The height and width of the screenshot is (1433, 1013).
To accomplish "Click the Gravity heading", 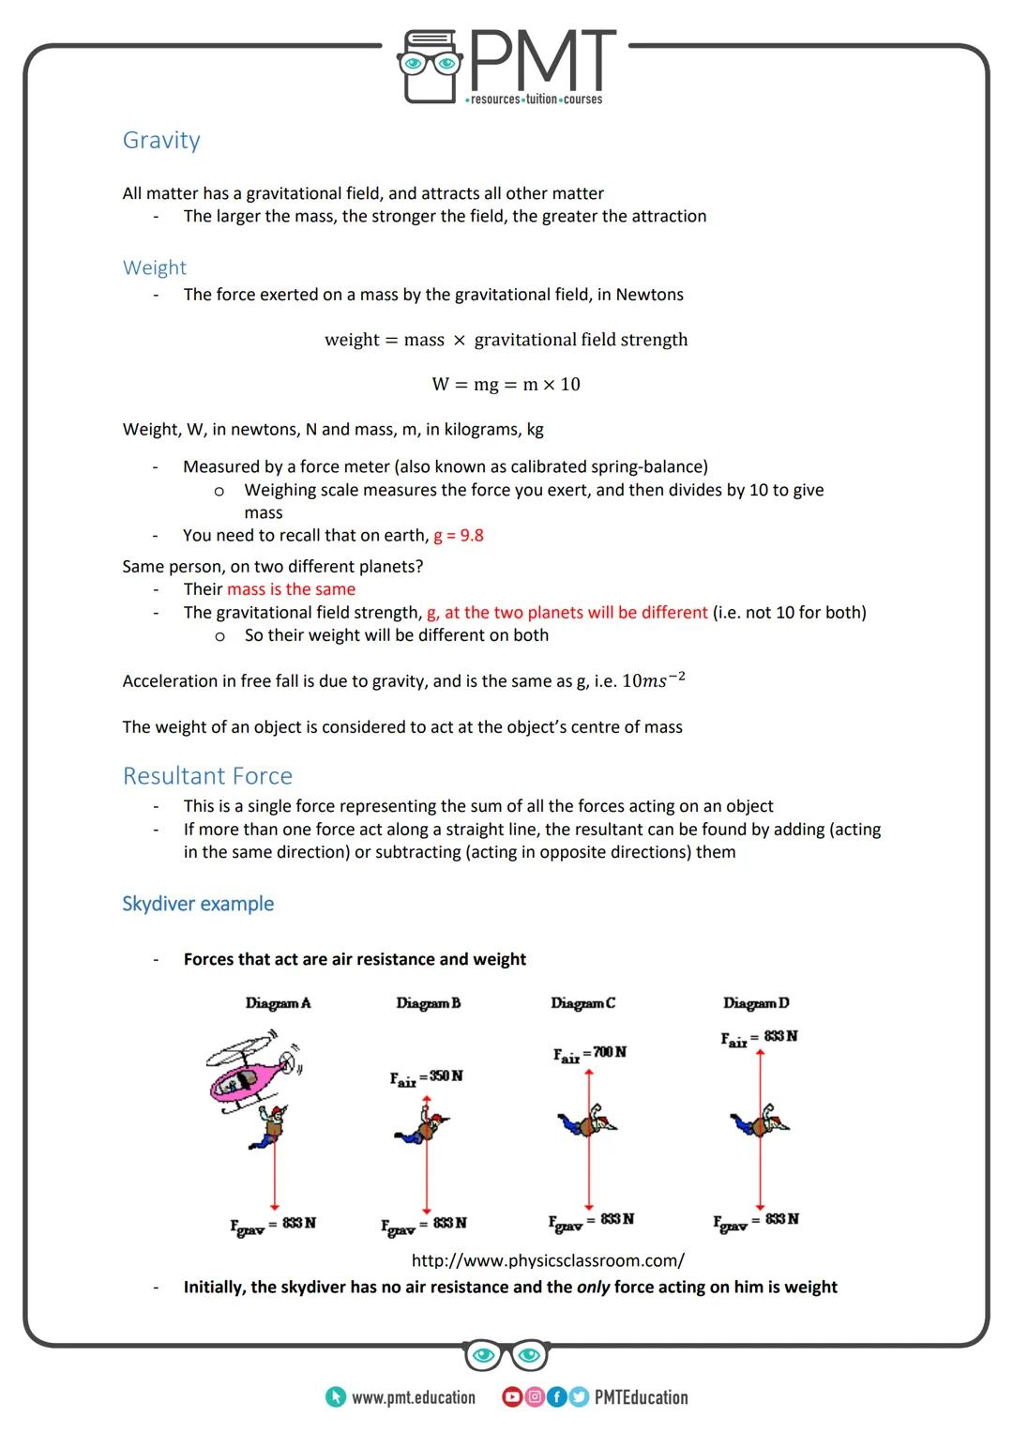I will point(161,141).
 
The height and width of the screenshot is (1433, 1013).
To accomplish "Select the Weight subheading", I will point(155,268).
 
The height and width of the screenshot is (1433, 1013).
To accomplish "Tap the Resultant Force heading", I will point(207,776).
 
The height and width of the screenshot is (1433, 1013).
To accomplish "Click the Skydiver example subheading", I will point(198,904).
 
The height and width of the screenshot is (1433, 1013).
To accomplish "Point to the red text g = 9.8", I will point(459,536).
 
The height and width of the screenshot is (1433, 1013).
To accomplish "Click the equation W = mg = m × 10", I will point(506,384).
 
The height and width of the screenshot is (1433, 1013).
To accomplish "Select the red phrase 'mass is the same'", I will point(291,589).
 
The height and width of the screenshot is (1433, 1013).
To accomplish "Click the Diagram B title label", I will point(428,1003).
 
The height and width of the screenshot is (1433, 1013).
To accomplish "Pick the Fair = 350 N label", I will point(427,1078).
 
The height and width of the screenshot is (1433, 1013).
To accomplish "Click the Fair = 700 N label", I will point(590,1055).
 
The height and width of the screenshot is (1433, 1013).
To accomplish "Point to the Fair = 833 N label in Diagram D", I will point(759,1038).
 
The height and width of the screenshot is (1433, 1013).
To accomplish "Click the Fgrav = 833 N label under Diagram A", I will point(273,1225).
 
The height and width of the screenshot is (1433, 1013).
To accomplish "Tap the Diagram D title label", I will point(756,1003).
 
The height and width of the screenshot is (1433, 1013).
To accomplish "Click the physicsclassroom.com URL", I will point(548,1260).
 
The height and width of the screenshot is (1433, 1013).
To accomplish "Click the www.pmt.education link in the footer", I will point(413,1398).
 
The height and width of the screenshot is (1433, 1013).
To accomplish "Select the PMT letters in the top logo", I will point(542,62).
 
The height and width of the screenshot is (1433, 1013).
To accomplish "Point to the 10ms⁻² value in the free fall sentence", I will point(653,680).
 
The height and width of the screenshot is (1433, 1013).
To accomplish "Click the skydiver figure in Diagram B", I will point(424,1126).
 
